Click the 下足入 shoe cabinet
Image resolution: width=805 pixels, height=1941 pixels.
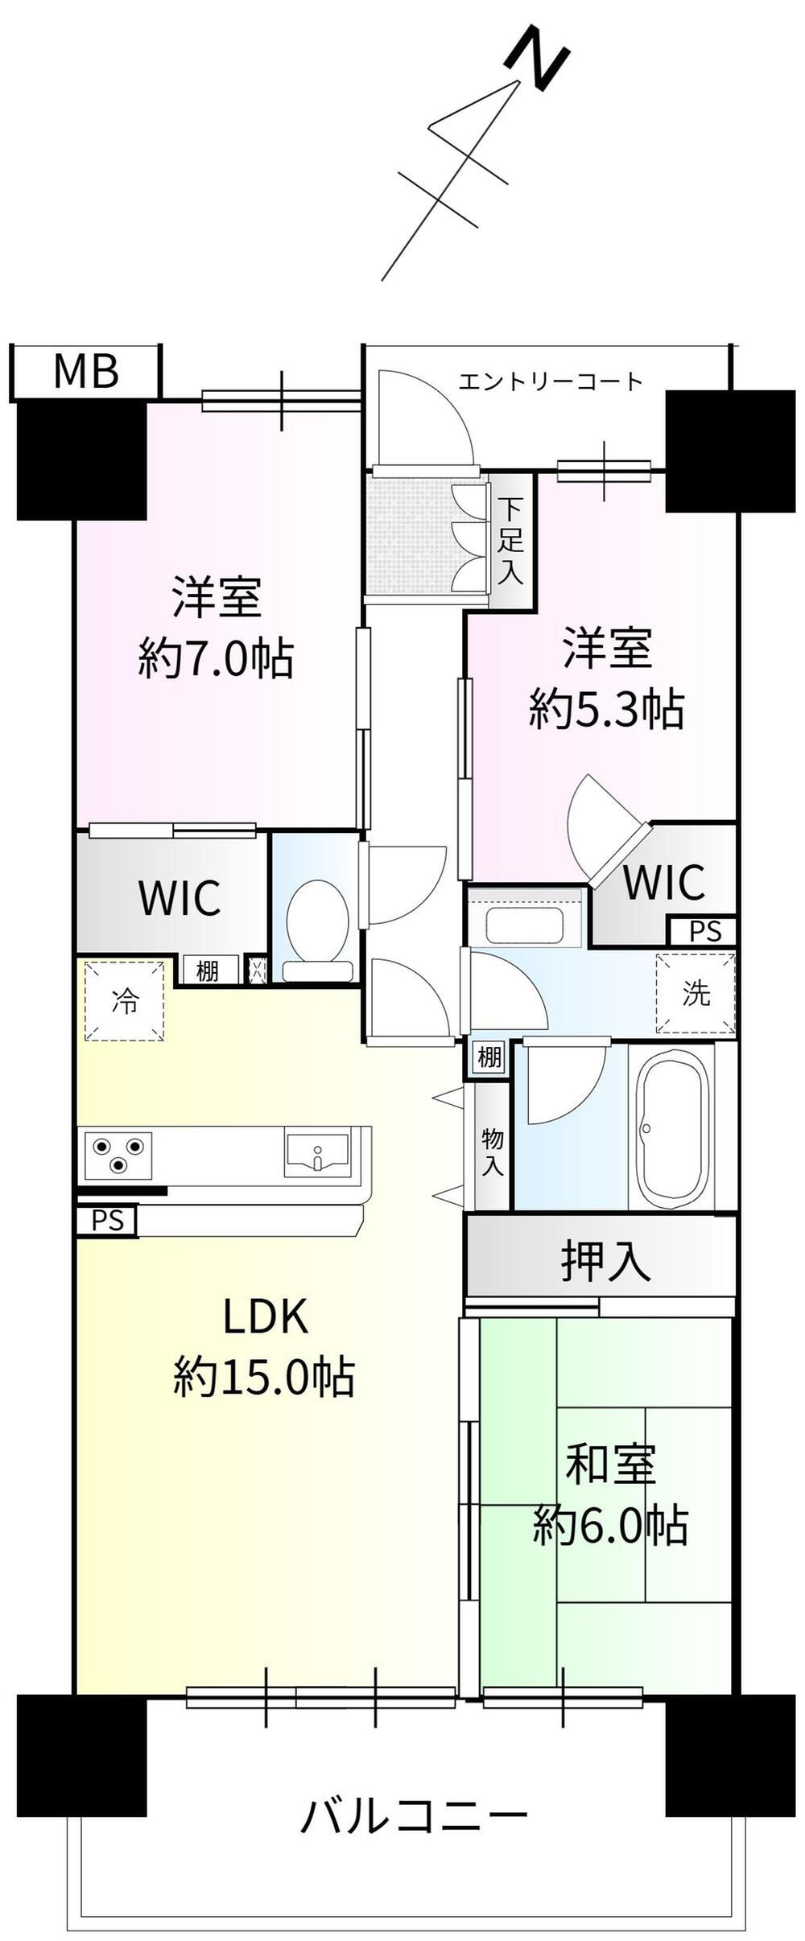click(510, 541)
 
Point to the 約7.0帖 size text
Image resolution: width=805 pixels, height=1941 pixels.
click(216, 658)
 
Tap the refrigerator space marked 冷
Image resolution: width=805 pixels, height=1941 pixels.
click(125, 1001)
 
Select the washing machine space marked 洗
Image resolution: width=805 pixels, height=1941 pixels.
click(696, 993)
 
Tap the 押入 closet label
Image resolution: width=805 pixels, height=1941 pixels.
click(605, 1260)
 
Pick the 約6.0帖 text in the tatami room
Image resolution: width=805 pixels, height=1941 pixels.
click(609, 1524)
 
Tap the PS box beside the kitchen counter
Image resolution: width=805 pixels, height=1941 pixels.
click(107, 1221)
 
